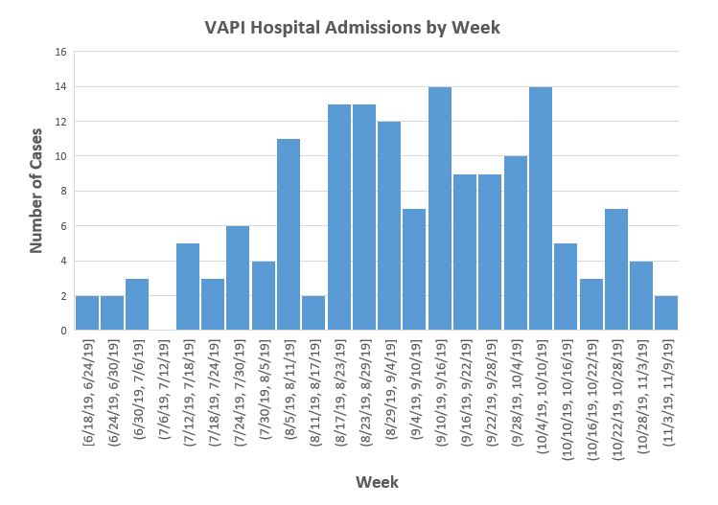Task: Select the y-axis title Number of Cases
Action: coord(36,192)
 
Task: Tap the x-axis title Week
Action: coord(377,481)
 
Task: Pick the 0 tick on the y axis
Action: coord(62,331)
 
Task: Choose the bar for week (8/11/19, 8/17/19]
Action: coord(313,313)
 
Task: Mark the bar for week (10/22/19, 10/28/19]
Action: coord(616,269)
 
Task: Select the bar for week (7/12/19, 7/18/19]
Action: coord(188,287)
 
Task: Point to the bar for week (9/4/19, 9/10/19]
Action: coord(414,269)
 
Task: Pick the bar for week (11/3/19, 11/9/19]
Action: coord(666,313)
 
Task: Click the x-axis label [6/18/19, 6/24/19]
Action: coord(88,393)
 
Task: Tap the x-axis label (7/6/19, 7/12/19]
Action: coord(163,393)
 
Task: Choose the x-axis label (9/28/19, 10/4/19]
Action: coord(515,393)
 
